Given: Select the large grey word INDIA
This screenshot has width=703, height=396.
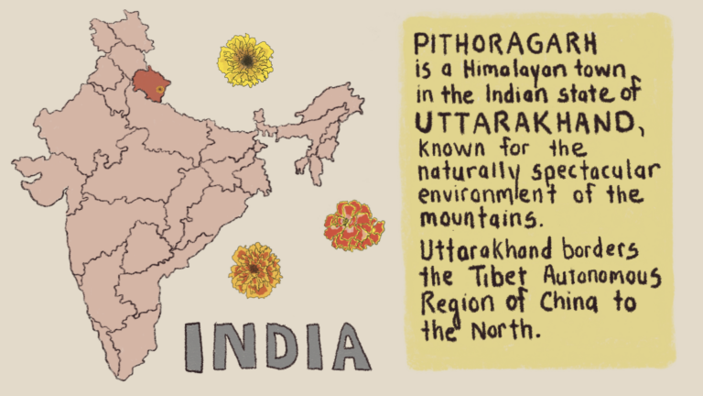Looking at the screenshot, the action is (277, 346).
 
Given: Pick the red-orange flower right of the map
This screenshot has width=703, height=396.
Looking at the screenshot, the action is (352, 226).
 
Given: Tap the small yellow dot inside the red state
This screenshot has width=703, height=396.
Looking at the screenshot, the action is (158, 89).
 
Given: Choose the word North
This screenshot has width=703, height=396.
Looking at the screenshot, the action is (502, 328).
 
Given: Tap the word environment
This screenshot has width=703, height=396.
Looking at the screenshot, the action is (481, 196).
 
